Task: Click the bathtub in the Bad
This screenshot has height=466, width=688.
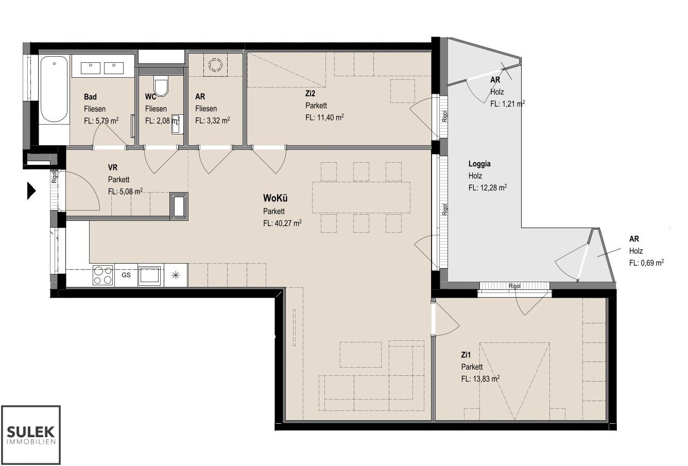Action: point(54,90)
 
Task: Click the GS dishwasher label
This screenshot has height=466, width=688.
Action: point(126,275)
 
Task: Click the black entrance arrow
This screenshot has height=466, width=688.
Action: point(31,191)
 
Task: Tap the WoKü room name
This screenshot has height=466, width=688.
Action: point(275,198)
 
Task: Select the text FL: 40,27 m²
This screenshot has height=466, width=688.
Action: point(282,223)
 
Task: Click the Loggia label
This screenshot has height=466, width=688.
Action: point(479,164)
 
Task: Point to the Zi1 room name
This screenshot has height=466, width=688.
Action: point(466,355)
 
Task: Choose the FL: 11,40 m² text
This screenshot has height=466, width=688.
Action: point(324,117)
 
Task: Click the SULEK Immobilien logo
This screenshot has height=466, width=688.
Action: point(31,435)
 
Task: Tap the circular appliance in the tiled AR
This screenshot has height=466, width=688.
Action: point(215,65)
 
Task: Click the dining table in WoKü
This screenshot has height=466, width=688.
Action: point(361,198)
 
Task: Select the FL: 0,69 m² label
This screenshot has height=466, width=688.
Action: point(646,263)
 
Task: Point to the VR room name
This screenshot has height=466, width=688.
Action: point(112,167)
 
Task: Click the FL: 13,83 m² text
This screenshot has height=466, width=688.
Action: point(480,379)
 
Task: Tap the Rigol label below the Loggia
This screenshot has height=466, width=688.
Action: point(515,286)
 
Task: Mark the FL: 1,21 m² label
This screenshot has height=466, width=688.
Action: point(507,104)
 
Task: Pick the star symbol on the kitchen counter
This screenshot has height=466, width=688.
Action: point(176,275)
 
